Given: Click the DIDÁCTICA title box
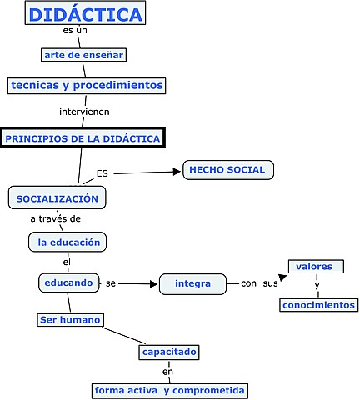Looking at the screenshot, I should [85, 13].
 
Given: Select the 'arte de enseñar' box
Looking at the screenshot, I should [83, 55].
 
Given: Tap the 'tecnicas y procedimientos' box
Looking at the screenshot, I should [87, 85].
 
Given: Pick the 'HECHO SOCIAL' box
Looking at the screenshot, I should [227, 169].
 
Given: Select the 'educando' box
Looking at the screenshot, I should [68, 282].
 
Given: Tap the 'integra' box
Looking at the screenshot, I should [192, 283].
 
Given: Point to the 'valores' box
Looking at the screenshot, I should [314, 266].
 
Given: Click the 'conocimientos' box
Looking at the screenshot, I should [317, 304].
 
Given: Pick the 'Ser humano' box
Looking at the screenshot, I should [71, 319].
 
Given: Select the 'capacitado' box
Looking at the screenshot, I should [169, 352].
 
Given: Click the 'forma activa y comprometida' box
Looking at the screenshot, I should [169, 390].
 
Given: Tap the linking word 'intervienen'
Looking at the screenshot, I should [84, 111].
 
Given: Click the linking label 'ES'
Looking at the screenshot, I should [102, 173].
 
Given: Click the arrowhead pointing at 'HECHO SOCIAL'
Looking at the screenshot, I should [176, 172].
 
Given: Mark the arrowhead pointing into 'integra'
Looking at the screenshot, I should [153, 284].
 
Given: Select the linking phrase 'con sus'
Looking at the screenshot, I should [258, 283].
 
